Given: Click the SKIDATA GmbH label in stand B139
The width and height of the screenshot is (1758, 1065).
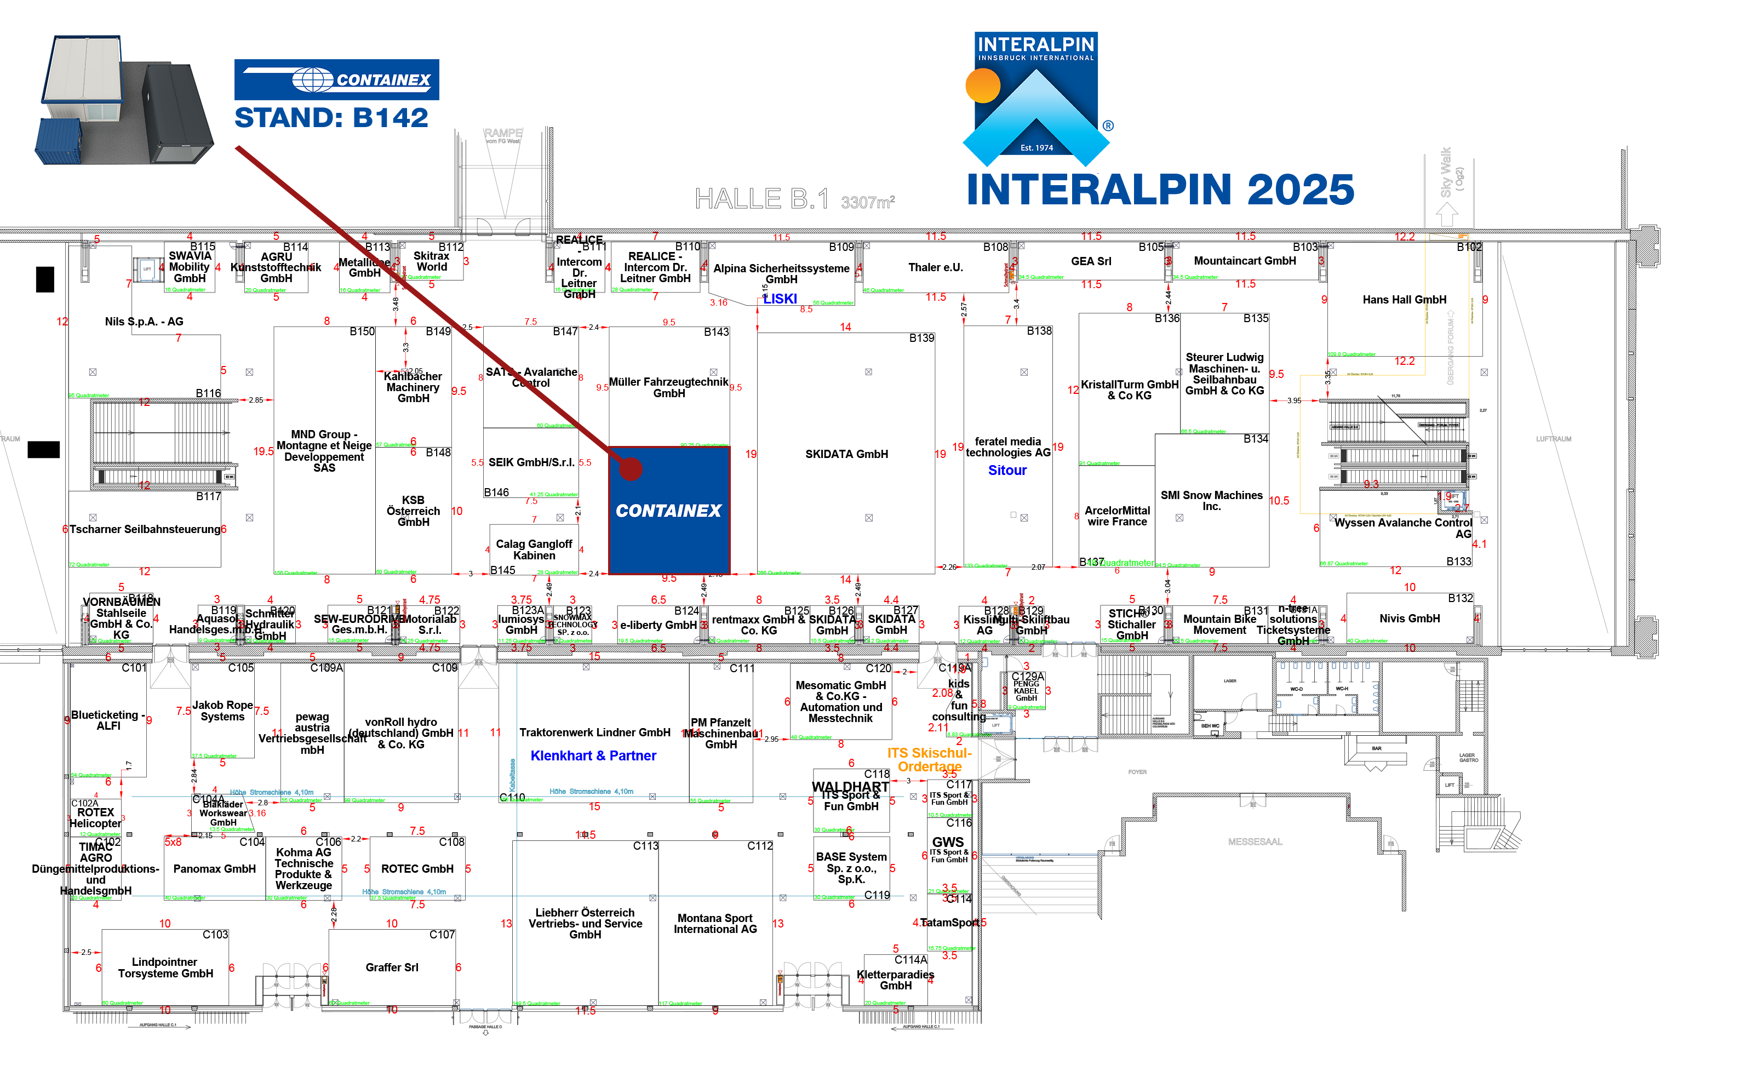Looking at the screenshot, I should coord(846,454).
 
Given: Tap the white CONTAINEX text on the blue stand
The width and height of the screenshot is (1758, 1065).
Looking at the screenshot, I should coord(668,511).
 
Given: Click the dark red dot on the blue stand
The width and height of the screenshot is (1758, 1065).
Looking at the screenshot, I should coord(631,468).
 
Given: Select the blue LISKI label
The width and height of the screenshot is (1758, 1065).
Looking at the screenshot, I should coord(780,299).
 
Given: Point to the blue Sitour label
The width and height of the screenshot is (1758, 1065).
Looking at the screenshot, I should coord(1007,470).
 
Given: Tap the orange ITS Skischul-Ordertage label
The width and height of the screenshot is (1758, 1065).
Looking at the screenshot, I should coord(929,760).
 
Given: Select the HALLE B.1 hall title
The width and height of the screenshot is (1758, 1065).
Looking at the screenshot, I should coord(761,198).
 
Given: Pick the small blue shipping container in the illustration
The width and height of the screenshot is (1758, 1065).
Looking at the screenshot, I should coord(59,141).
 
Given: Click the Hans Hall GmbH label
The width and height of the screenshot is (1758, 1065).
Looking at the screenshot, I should coord(1404,300).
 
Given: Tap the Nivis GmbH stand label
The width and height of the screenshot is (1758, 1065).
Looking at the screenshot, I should coord(1409,619).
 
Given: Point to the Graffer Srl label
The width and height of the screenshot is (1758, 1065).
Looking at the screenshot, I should coord(392,967).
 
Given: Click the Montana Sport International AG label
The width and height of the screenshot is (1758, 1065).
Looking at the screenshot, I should coord(715,924).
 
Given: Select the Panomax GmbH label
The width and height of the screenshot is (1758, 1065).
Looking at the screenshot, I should coord(214,869).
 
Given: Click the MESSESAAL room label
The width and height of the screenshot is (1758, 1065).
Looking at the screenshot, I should coord(1255,841).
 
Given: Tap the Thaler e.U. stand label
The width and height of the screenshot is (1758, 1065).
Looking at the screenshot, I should coord(935,267).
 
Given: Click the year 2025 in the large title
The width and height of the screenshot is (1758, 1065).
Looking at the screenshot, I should coord(1300,190).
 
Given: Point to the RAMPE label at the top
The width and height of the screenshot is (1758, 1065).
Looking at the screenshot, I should coord(503,133).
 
